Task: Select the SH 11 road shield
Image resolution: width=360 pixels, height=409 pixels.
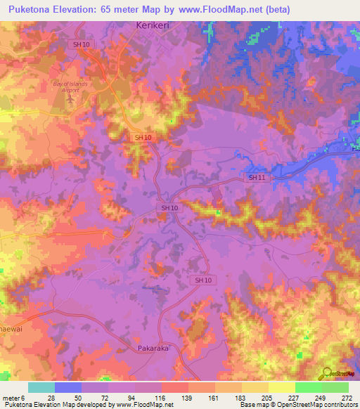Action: click(x=255, y=178)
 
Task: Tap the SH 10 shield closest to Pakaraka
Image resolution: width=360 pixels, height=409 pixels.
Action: click(x=202, y=280)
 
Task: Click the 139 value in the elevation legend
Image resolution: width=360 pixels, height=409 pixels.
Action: click(x=187, y=398)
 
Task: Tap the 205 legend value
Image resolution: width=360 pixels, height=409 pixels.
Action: click(x=266, y=398)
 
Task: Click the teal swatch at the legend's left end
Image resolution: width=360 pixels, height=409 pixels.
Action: click(x=41, y=387)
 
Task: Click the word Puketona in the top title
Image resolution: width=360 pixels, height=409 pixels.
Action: click(x=36, y=10)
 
